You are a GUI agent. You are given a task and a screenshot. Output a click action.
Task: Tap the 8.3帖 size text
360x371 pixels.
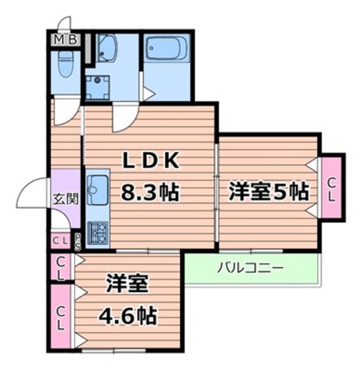coord(149,191)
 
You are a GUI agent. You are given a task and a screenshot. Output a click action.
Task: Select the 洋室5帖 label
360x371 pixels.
coord(268,191)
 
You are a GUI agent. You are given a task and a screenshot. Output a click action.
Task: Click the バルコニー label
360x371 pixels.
coord(250,268)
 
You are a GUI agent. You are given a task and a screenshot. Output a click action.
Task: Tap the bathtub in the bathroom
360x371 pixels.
coord(166,49)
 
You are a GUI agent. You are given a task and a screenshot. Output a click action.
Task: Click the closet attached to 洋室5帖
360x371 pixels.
coord(332,189)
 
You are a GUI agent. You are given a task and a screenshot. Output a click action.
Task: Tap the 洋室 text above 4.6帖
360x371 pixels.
coord(128,286)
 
